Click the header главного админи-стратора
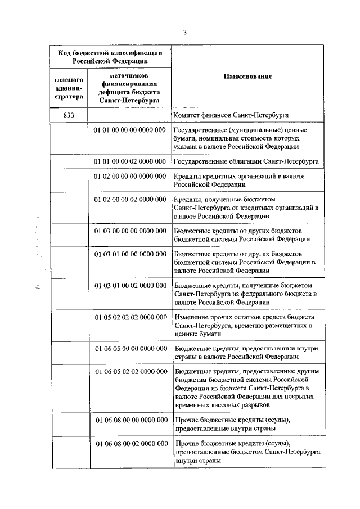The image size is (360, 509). pos(69,88)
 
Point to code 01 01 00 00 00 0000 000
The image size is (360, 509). pos(129,130)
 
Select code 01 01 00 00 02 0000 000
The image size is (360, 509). pos(129,161)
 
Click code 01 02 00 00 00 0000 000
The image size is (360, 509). pos(129,177)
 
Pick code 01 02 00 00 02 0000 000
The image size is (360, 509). pos(129,200)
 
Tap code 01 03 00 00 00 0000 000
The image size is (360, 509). pos(129,231)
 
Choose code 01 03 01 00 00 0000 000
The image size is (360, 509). pos(129,254)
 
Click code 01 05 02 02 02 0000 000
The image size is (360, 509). pos(129,317)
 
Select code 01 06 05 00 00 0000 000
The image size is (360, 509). pos(129,349)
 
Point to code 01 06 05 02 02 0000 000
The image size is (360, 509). pos(129,372)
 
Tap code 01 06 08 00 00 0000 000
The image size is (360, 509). pos(129,420)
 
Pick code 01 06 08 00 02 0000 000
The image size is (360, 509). pos(129,444)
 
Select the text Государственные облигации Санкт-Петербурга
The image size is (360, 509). pos(247,161)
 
